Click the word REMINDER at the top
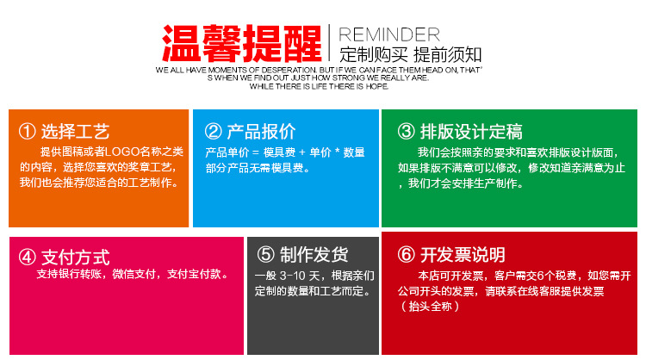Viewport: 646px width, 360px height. pyautogui.click(x=388, y=34)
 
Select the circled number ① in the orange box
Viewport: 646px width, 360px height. pyautogui.click(x=28, y=132)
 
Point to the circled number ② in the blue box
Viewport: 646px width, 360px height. pyautogui.click(x=213, y=132)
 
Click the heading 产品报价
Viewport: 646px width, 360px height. pyautogui.click(x=261, y=132)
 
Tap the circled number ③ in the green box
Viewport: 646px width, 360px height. pyautogui.click(x=406, y=132)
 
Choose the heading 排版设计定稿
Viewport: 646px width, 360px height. pyautogui.click(x=471, y=132)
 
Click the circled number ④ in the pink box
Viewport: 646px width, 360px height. pyautogui.click(x=28, y=256)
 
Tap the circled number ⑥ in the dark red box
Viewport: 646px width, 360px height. pyautogui.click(x=406, y=255)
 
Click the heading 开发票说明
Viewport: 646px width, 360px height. pyautogui.click(x=463, y=255)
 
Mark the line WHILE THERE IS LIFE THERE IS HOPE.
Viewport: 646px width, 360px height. pyautogui.click(x=319, y=86)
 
